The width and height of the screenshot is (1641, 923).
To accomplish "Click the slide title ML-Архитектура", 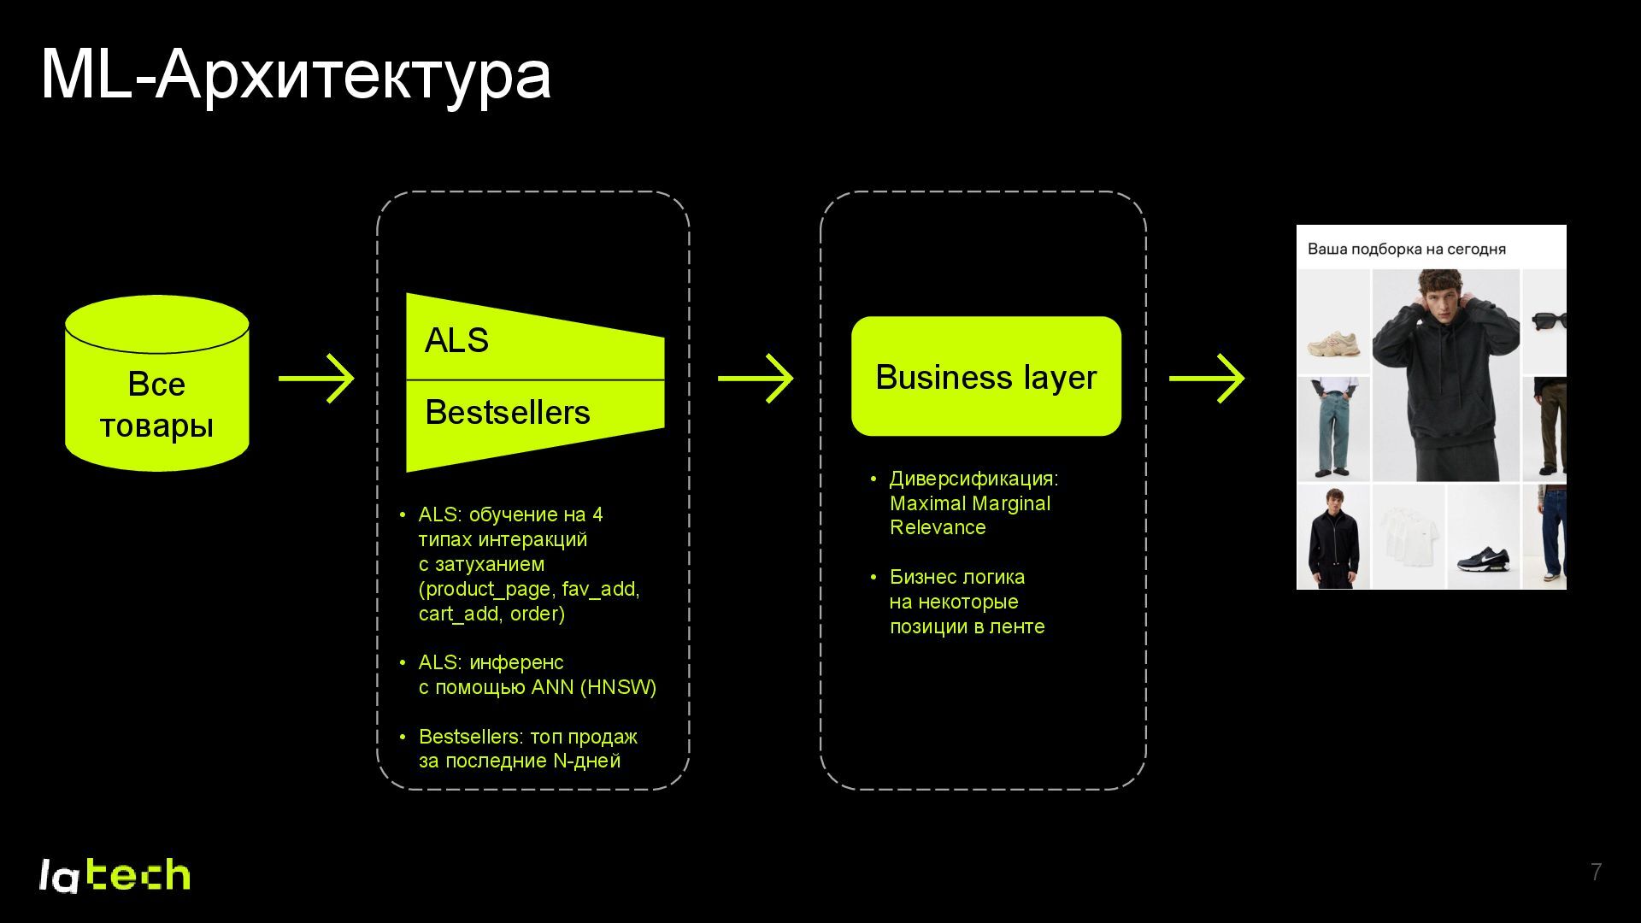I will tap(295, 75).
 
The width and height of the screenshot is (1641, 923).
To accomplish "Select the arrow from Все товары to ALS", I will tap(316, 379).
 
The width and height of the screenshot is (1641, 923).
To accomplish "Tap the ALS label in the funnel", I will tap(456, 341).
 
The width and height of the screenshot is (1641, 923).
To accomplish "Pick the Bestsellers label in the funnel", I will tap(507, 413).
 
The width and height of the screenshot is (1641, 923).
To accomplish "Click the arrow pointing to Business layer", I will tap(756, 379).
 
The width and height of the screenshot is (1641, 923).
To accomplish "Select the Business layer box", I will tap(985, 377).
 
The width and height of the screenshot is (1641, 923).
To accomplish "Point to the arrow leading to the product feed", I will tap(1207, 379).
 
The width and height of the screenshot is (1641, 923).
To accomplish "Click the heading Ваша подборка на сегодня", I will tap(1406, 250).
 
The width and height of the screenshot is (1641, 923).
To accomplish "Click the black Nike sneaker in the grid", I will tap(1483, 559).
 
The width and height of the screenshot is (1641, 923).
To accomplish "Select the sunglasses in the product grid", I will tap(1549, 321).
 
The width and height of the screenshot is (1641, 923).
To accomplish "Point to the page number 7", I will tap(1596, 872).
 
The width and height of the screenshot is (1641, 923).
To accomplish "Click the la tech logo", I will tap(115, 875).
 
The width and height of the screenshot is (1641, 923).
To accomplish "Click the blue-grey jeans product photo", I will tap(1332, 427).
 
